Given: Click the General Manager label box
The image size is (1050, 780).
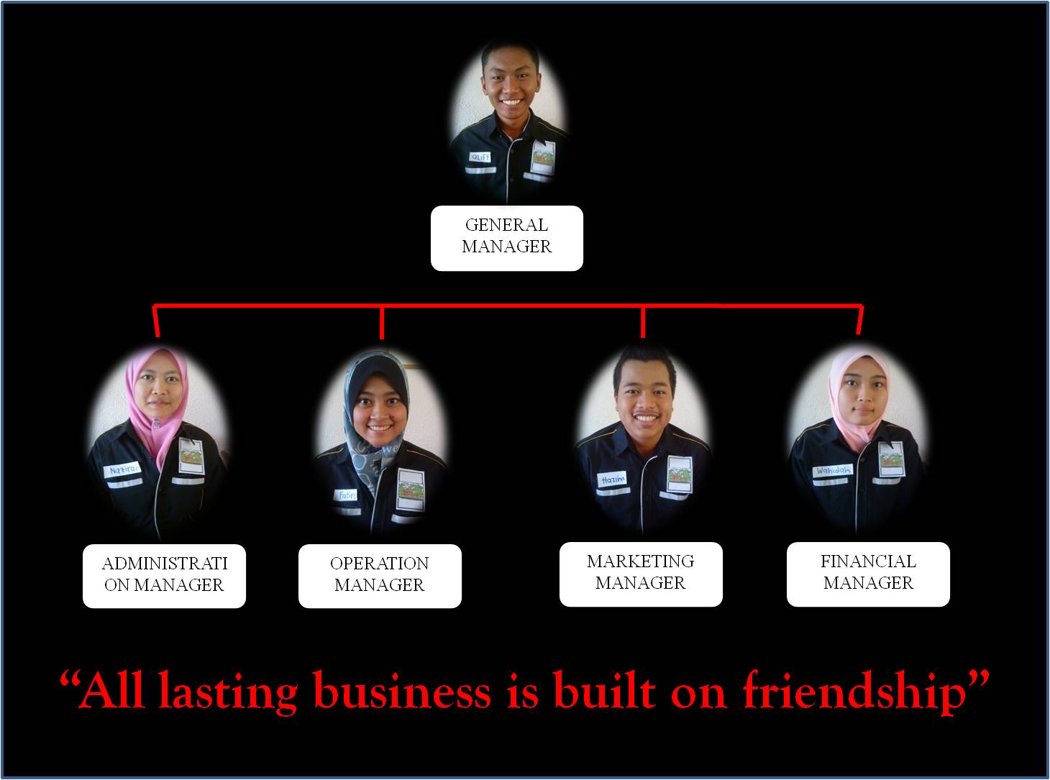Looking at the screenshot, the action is point(506,238).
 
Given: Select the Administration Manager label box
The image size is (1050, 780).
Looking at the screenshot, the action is point(164,575).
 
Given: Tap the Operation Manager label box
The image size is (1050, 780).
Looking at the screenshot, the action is point(380,575).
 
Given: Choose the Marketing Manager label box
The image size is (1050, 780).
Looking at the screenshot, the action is point(641,573).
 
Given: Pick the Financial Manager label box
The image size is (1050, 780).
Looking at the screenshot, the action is point(868,573).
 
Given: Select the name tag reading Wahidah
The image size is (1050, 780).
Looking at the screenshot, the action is point(832,472).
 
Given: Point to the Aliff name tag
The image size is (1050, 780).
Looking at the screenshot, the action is point(479,157).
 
